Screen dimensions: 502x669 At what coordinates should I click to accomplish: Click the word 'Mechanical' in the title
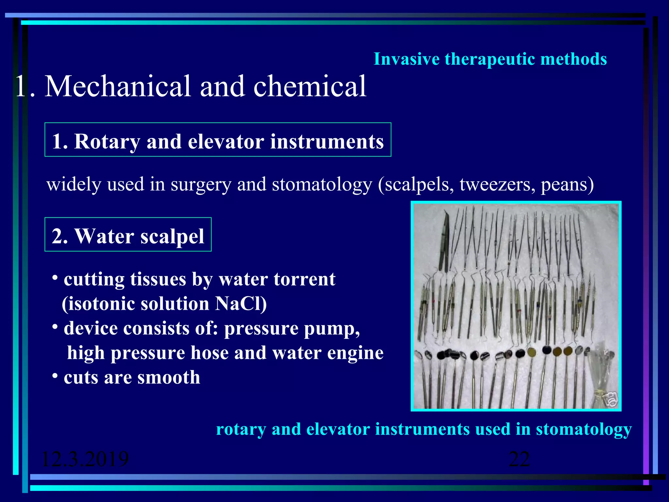tap(118, 86)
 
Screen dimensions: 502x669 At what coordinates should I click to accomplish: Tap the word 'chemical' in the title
tap(310, 86)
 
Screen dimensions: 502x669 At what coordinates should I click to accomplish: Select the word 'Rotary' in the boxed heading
tap(106, 142)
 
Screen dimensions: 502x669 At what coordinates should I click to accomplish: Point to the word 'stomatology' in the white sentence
tap(322, 184)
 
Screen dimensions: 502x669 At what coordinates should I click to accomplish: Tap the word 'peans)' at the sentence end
tap(567, 184)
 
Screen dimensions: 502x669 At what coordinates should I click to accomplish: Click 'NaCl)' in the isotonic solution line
tap(241, 304)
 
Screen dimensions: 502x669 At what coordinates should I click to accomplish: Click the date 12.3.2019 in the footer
tap(85, 459)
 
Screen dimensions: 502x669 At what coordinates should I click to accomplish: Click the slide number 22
tap(519, 459)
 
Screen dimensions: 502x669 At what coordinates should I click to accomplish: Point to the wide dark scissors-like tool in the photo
tap(445, 242)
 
